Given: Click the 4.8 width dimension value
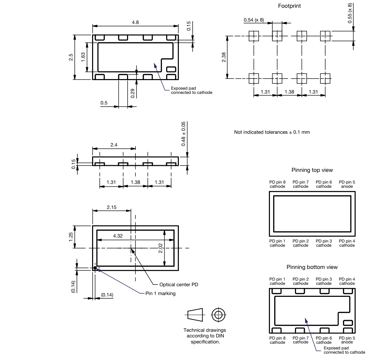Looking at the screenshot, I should (135, 22).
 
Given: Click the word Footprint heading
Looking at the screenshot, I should (289, 6).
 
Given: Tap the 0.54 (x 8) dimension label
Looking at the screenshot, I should (254, 20).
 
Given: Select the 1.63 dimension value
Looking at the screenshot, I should (83, 57).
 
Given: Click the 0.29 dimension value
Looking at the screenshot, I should (133, 93).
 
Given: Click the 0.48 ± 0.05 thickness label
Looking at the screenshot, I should (183, 134).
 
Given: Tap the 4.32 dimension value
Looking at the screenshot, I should (118, 236).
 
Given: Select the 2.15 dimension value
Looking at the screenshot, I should (111, 207).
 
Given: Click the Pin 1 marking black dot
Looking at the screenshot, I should (95, 268).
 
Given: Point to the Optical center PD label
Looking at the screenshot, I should (179, 284).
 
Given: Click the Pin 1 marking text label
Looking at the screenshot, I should (160, 293).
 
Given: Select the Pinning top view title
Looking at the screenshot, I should (312, 170).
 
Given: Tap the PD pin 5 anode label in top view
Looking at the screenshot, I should (347, 184).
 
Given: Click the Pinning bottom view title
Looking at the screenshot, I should (312, 267).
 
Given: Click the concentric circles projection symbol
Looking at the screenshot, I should (218, 314).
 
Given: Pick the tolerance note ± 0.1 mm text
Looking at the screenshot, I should (272, 132).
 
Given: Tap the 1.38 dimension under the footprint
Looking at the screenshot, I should (289, 92).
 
